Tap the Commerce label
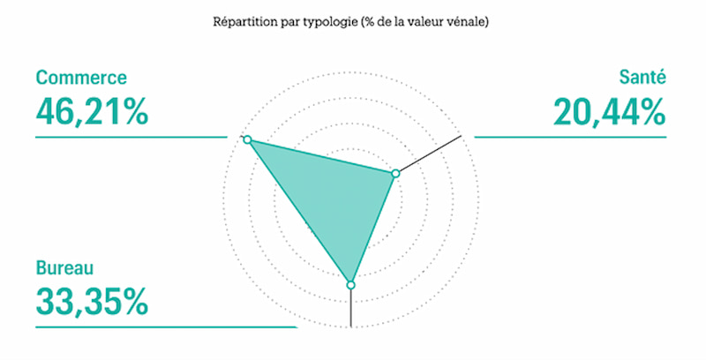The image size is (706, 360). point(81,78)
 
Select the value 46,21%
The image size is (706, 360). point(92,111)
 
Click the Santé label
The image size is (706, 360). point(642,77)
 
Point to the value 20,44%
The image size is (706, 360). point(610,111)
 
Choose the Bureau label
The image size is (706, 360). point(64,268)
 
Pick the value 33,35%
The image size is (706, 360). point(92,302)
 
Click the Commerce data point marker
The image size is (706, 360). point(247,139)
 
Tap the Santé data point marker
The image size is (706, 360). point(395,174)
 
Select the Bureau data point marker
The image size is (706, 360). point(350,285)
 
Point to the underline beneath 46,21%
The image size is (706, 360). point(131,137)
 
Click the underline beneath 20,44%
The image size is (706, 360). point(570,137)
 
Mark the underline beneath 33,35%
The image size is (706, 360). point(166,327)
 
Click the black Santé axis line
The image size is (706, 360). point(431,154)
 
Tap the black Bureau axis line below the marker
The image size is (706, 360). point(350,308)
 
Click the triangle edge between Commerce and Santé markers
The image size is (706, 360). point(321,156)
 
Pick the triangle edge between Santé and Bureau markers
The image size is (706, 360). point(372,229)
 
